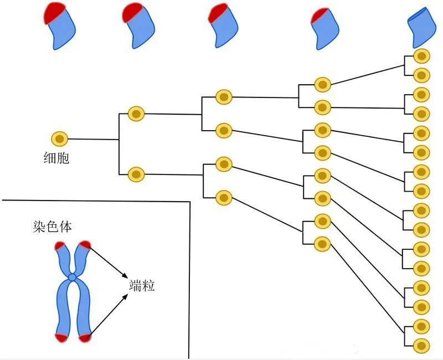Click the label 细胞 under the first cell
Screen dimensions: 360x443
coord(56,158)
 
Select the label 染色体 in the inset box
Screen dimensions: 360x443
coord(53,227)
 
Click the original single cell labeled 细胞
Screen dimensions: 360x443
coord(59,138)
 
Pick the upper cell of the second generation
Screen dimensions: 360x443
coord(136,114)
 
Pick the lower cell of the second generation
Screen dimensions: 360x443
coord(136,174)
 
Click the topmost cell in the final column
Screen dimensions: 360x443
coord(421,56)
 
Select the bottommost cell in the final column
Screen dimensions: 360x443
coord(421,344)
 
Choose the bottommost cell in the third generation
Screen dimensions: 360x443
coord(223,197)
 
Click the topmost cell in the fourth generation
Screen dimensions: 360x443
coord(322,84)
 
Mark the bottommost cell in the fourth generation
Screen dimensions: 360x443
coord(322,243)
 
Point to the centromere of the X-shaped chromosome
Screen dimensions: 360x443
coord(72,276)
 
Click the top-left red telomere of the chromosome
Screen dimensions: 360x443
coord(60,245)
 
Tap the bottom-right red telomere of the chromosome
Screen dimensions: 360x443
coord(84,337)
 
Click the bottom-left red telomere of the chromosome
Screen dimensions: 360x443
coord(60,337)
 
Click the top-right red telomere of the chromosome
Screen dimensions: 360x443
coord(84,245)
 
